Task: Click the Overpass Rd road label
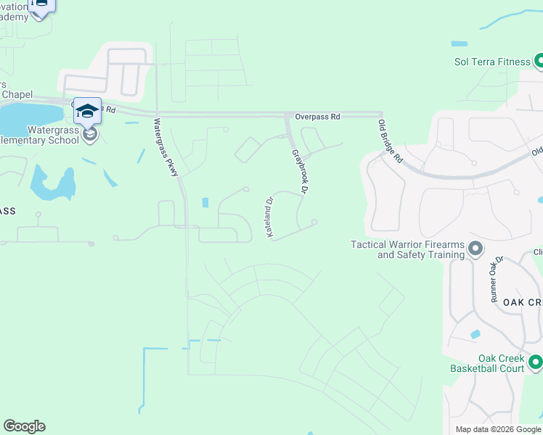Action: (317, 116)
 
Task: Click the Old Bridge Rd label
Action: (390, 141)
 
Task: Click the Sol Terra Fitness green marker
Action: (538, 62)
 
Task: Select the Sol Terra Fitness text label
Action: (492, 62)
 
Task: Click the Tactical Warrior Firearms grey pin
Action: (475, 250)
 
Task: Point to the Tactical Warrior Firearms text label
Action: (408, 250)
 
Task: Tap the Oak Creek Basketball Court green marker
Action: (536, 361)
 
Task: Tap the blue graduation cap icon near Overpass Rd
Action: (87, 110)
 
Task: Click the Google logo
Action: (24, 426)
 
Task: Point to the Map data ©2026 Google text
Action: (497, 429)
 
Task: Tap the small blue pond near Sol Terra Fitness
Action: (459, 43)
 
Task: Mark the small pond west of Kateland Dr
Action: (206, 203)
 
